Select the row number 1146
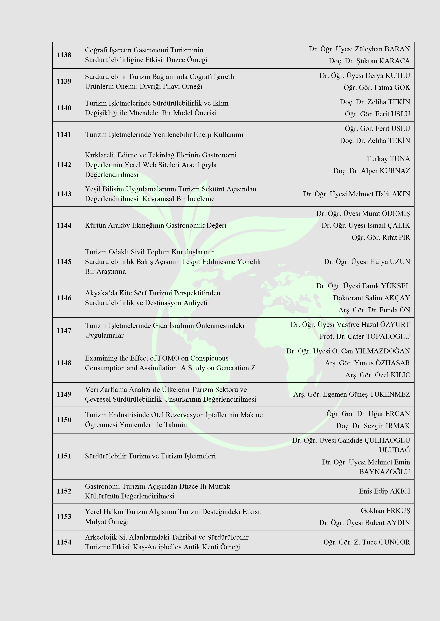(x=64, y=298)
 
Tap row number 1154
(x=64, y=542)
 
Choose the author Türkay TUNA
(x=388, y=159)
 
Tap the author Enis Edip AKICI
(x=384, y=491)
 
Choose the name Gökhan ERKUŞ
(x=385, y=511)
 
